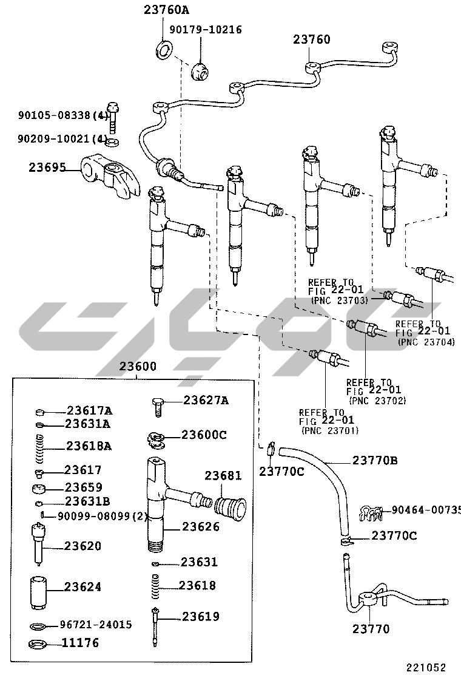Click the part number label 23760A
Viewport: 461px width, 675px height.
pyautogui.click(x=166, y=10)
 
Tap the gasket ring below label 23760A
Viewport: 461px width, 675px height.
pyautogui.click(x=163, y=50)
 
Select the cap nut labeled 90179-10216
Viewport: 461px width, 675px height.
pyautogui.click(x=200, y=72)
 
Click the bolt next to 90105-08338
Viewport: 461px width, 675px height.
pyautogui.click(x=113, y=117)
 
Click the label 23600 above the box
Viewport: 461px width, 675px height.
pyautogui.click(x=138, y=367)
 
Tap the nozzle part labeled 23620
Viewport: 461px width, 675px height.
pyautogui.click(x=38, y=543)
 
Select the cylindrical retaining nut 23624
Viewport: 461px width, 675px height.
pyautogui.click(x=38, y=592)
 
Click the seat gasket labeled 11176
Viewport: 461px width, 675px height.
pyautogui.click(x=38, y=645)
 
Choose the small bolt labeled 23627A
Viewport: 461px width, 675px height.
pyautogui.click(x=158, y=407)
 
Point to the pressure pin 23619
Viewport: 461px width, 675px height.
pyautogui.click(x=155, y=626)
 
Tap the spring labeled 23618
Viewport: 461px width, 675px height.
pyautogui.click(x=156, y=586)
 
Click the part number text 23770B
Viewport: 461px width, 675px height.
pyautogui.click(x=375, y=460)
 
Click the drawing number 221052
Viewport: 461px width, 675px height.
pyautogui.click(x=426, y=667)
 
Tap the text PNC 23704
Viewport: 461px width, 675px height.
pyautogui.click(x=426, y=342)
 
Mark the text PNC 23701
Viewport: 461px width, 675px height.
pyautogui.click(x=330, y=430)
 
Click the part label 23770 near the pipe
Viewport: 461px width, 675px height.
pyautogui.click(x=371, y=629)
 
